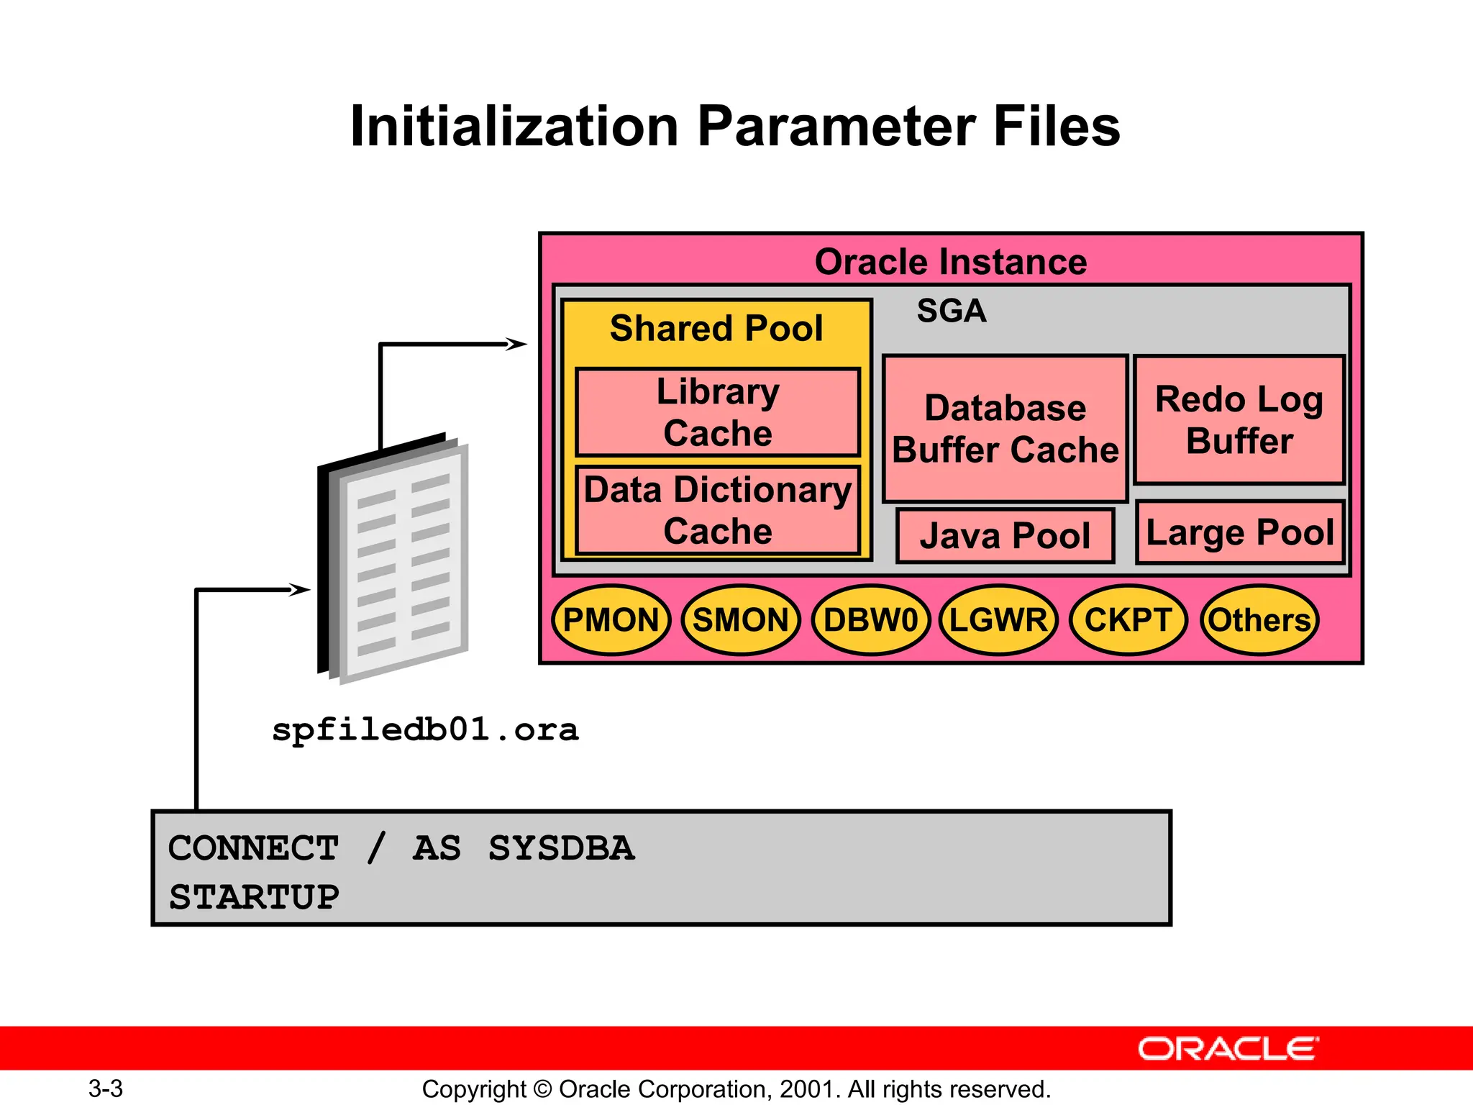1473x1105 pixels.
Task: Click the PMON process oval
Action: pos(611,620)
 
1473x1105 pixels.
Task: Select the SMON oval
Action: pos(740,620)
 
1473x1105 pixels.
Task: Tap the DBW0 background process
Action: pos(870,620)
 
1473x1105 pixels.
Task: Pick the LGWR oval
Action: pos(998,620)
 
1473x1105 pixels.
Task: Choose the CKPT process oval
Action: pos(1128,620)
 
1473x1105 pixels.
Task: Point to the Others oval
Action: pos(1259,620)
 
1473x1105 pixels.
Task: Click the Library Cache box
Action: pos(718,412)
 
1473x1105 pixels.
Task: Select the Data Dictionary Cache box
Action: pos(718,510)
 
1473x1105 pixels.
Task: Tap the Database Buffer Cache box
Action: pos(1005,429)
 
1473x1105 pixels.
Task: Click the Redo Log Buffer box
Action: pos(1239,420)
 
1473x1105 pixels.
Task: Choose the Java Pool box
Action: pos(1005,536)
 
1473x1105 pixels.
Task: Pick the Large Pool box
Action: pos(1240,533)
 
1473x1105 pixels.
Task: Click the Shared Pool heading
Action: pos(716,328)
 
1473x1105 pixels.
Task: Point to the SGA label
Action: pos(951,311)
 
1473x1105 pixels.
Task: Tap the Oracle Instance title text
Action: pos(950,262)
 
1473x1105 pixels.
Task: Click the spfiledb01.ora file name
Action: pos(425,730)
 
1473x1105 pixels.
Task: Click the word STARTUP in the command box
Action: pos(254,897)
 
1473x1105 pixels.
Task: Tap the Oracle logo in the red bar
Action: pos(1228,1049)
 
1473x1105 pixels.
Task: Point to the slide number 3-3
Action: pos(106,1088)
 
